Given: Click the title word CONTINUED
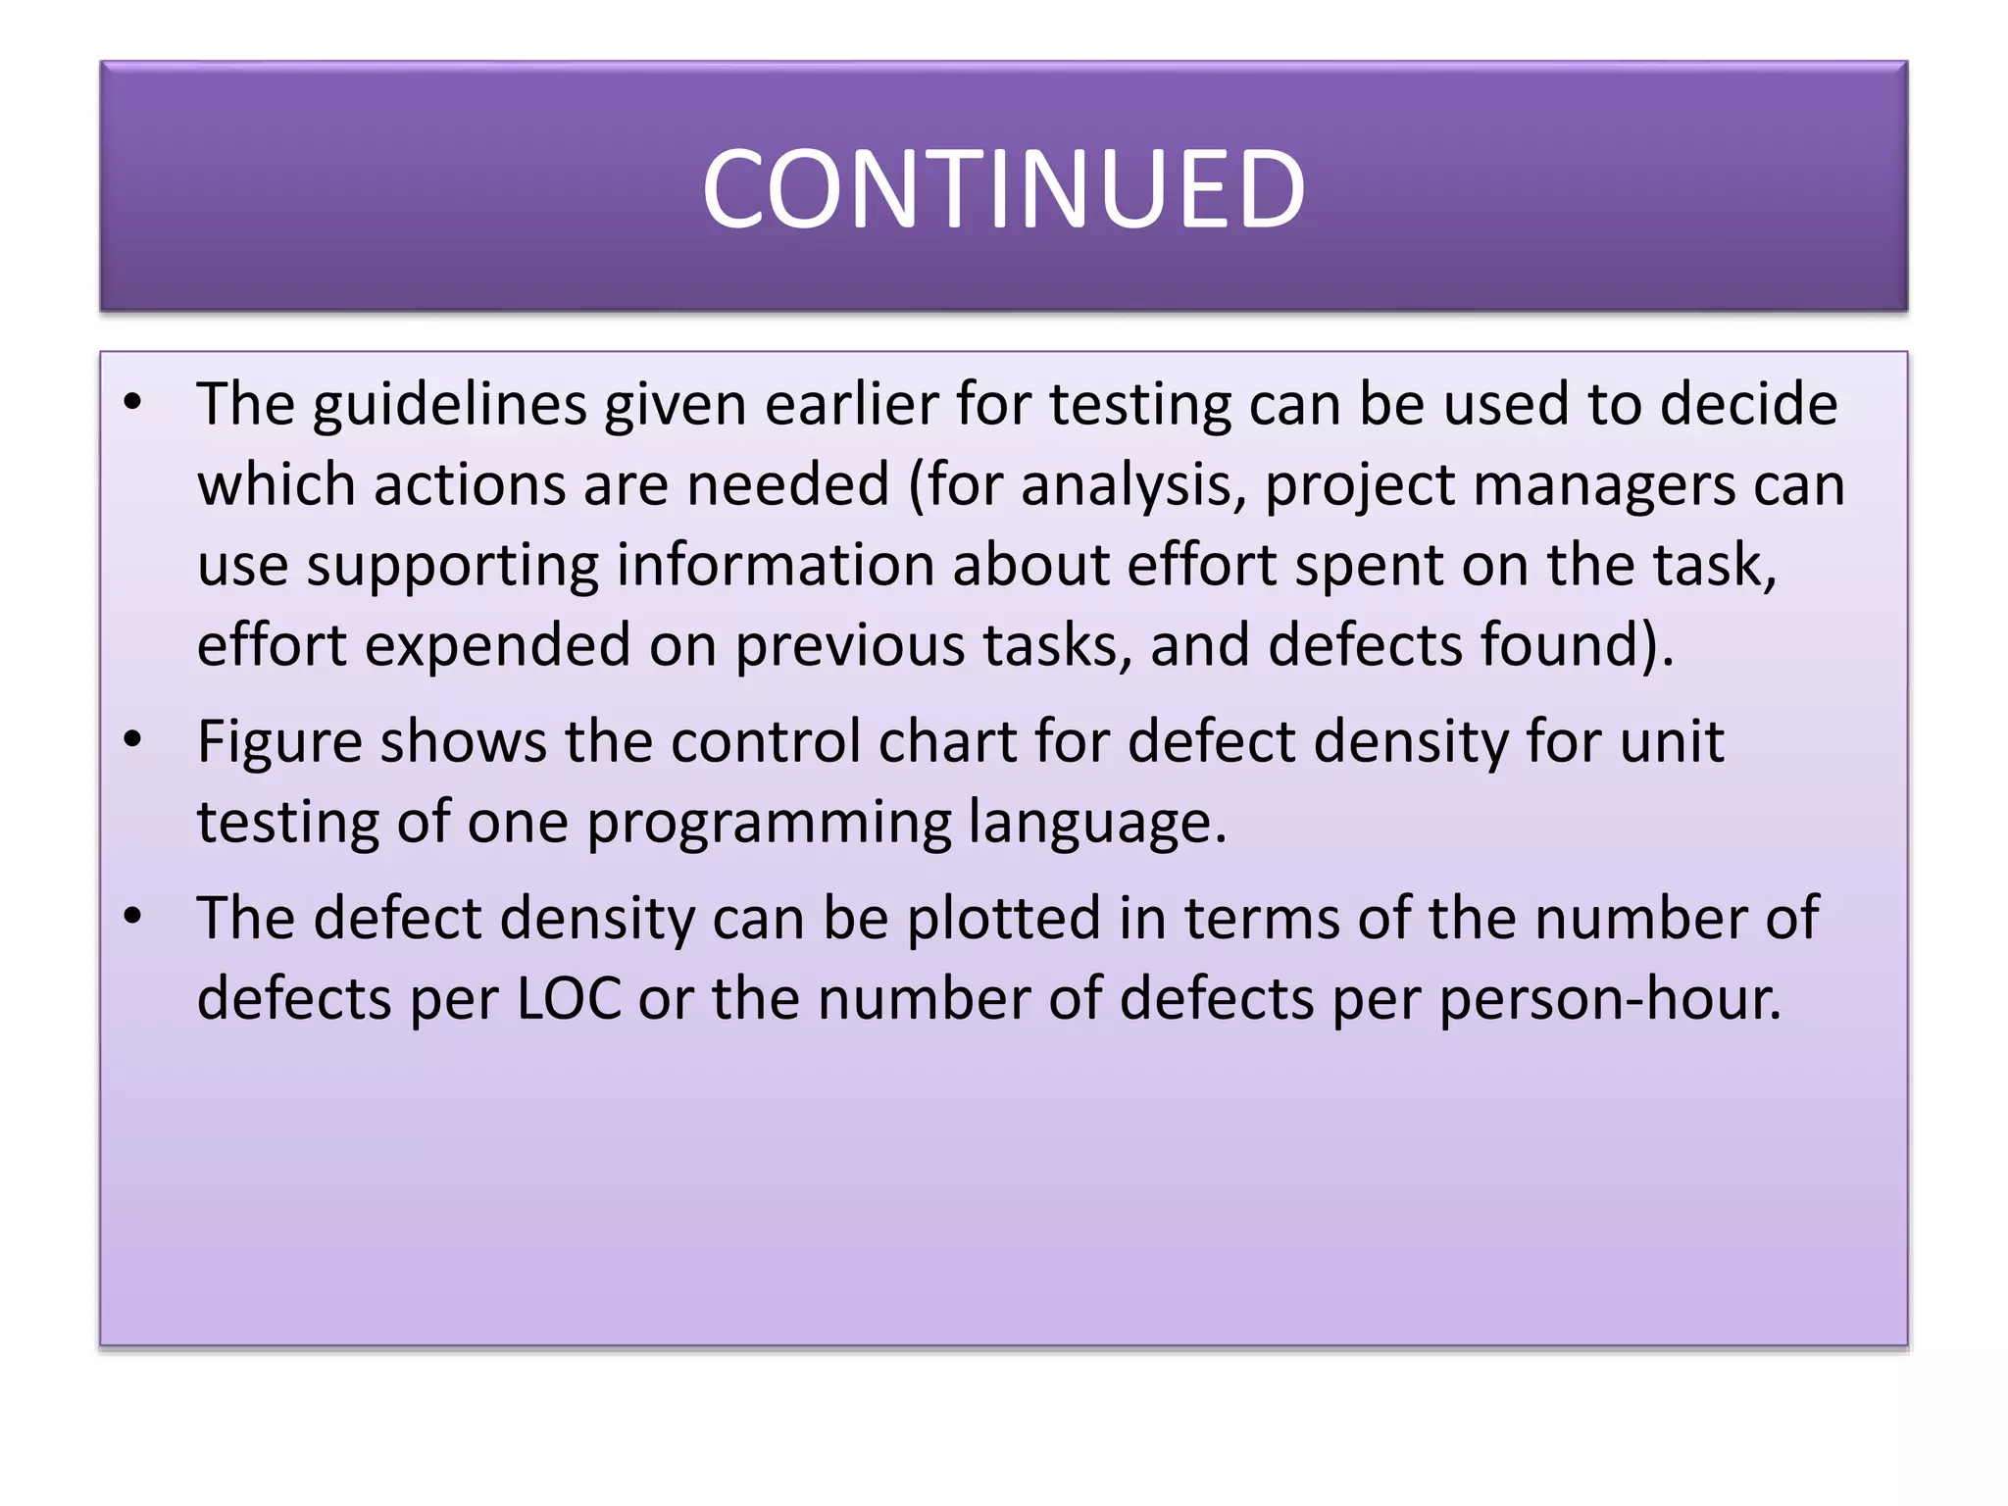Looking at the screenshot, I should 1003,188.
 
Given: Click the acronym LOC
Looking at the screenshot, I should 570,999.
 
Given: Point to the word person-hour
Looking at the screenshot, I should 1610,1000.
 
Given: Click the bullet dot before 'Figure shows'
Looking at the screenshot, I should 133,740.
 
